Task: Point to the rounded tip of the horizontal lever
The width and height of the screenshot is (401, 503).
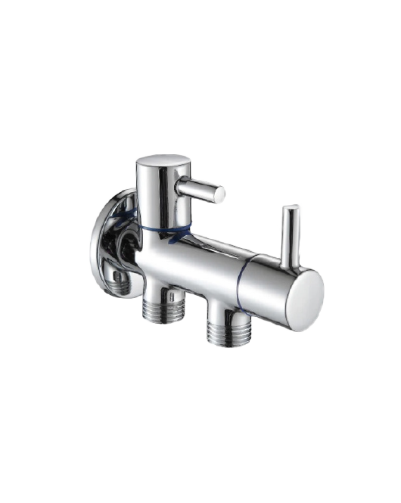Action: point(219,194)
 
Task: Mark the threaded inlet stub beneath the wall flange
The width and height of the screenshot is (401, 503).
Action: point(121,281)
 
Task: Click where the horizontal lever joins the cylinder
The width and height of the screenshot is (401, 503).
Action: point(182,185)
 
